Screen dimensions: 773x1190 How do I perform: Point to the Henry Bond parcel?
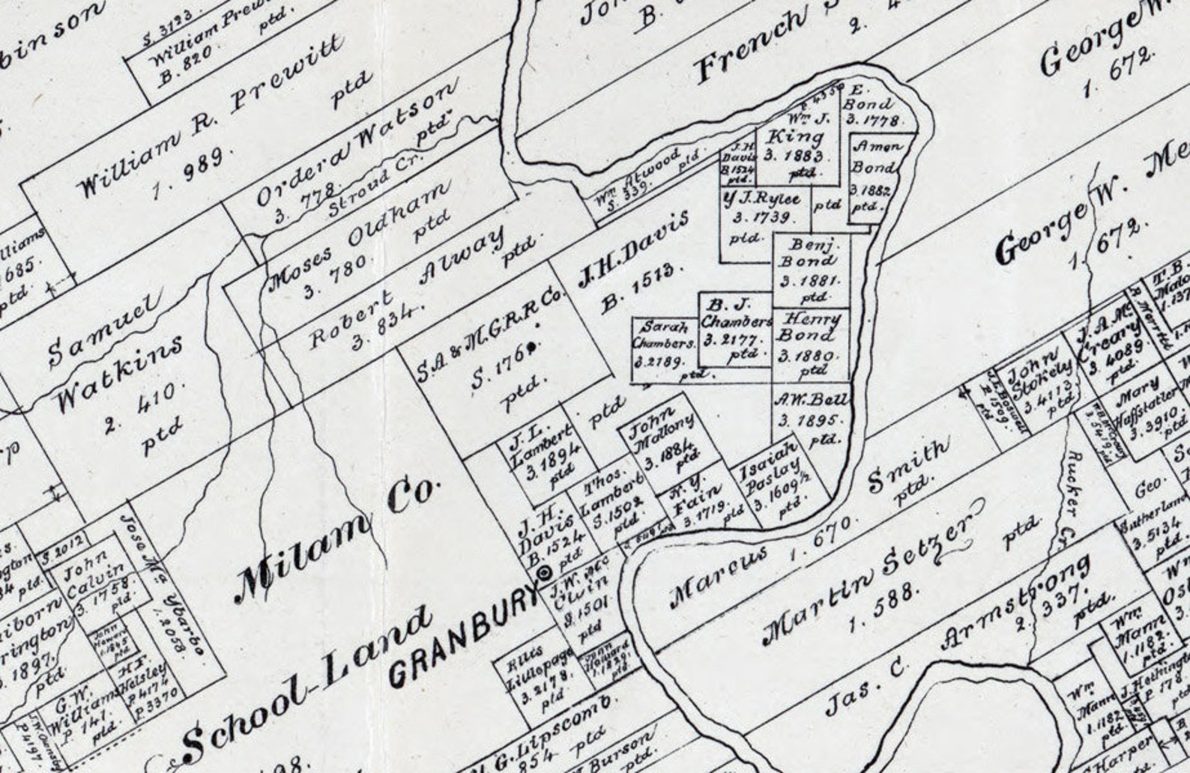(x=811, y=344)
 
